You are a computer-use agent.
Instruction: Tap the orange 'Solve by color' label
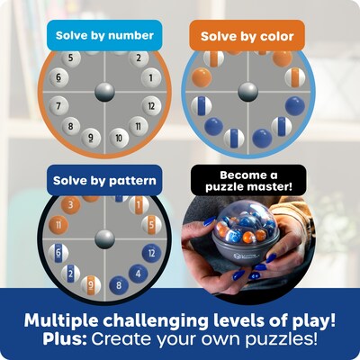point(247,35)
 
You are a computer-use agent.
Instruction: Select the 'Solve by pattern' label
point(103,180)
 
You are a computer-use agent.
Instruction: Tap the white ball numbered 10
point(116,138)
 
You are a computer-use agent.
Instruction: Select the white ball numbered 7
point(61,106)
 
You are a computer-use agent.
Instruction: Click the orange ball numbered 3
point(72,205)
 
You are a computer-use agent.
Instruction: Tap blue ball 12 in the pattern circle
point(153,254)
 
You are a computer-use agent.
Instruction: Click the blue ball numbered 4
point(138,273)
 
